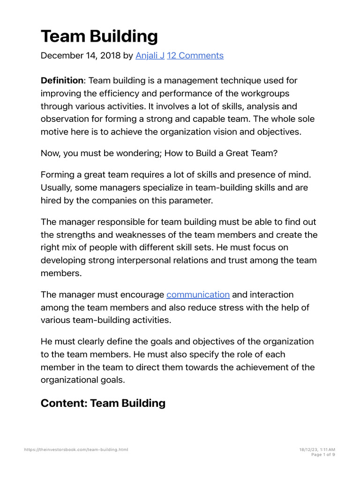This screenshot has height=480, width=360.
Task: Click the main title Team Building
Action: coord(99,36)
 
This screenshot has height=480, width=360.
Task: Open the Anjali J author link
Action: coord(150,55)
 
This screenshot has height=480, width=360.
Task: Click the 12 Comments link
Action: coord(195,55)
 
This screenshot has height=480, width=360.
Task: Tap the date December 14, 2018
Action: coord(80,55)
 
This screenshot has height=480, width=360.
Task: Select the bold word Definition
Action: coord(61,81)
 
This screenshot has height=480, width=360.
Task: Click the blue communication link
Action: coord(198,295)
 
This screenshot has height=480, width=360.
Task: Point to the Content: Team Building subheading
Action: coord(103,403)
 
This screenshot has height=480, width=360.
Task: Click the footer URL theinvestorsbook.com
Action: coord(76,450)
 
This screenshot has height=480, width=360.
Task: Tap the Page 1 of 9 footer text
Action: coord(323,454)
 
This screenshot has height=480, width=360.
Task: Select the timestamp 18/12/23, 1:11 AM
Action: coord(317,450)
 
